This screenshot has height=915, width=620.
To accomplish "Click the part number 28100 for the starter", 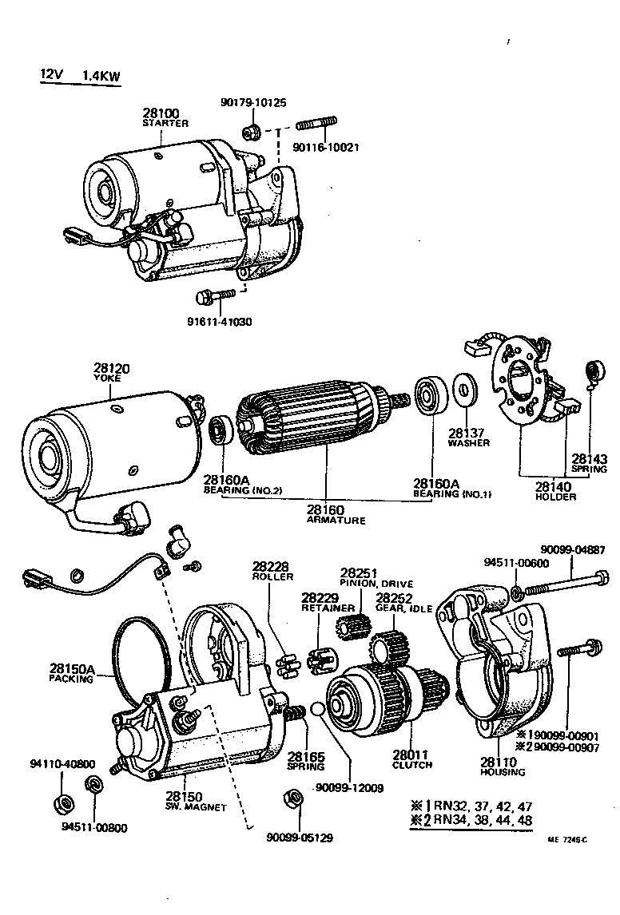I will click(x=161, y=113).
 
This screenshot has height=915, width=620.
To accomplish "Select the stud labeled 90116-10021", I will click(x=317, y=124).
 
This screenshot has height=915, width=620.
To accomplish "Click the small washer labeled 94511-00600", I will click(x=518, y=592).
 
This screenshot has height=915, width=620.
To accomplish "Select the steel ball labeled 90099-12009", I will click(x=317, y=709).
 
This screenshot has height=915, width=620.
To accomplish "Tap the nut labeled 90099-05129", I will click(x=292, y=798).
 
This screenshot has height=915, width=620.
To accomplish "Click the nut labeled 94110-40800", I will click(x=62, y=802).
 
